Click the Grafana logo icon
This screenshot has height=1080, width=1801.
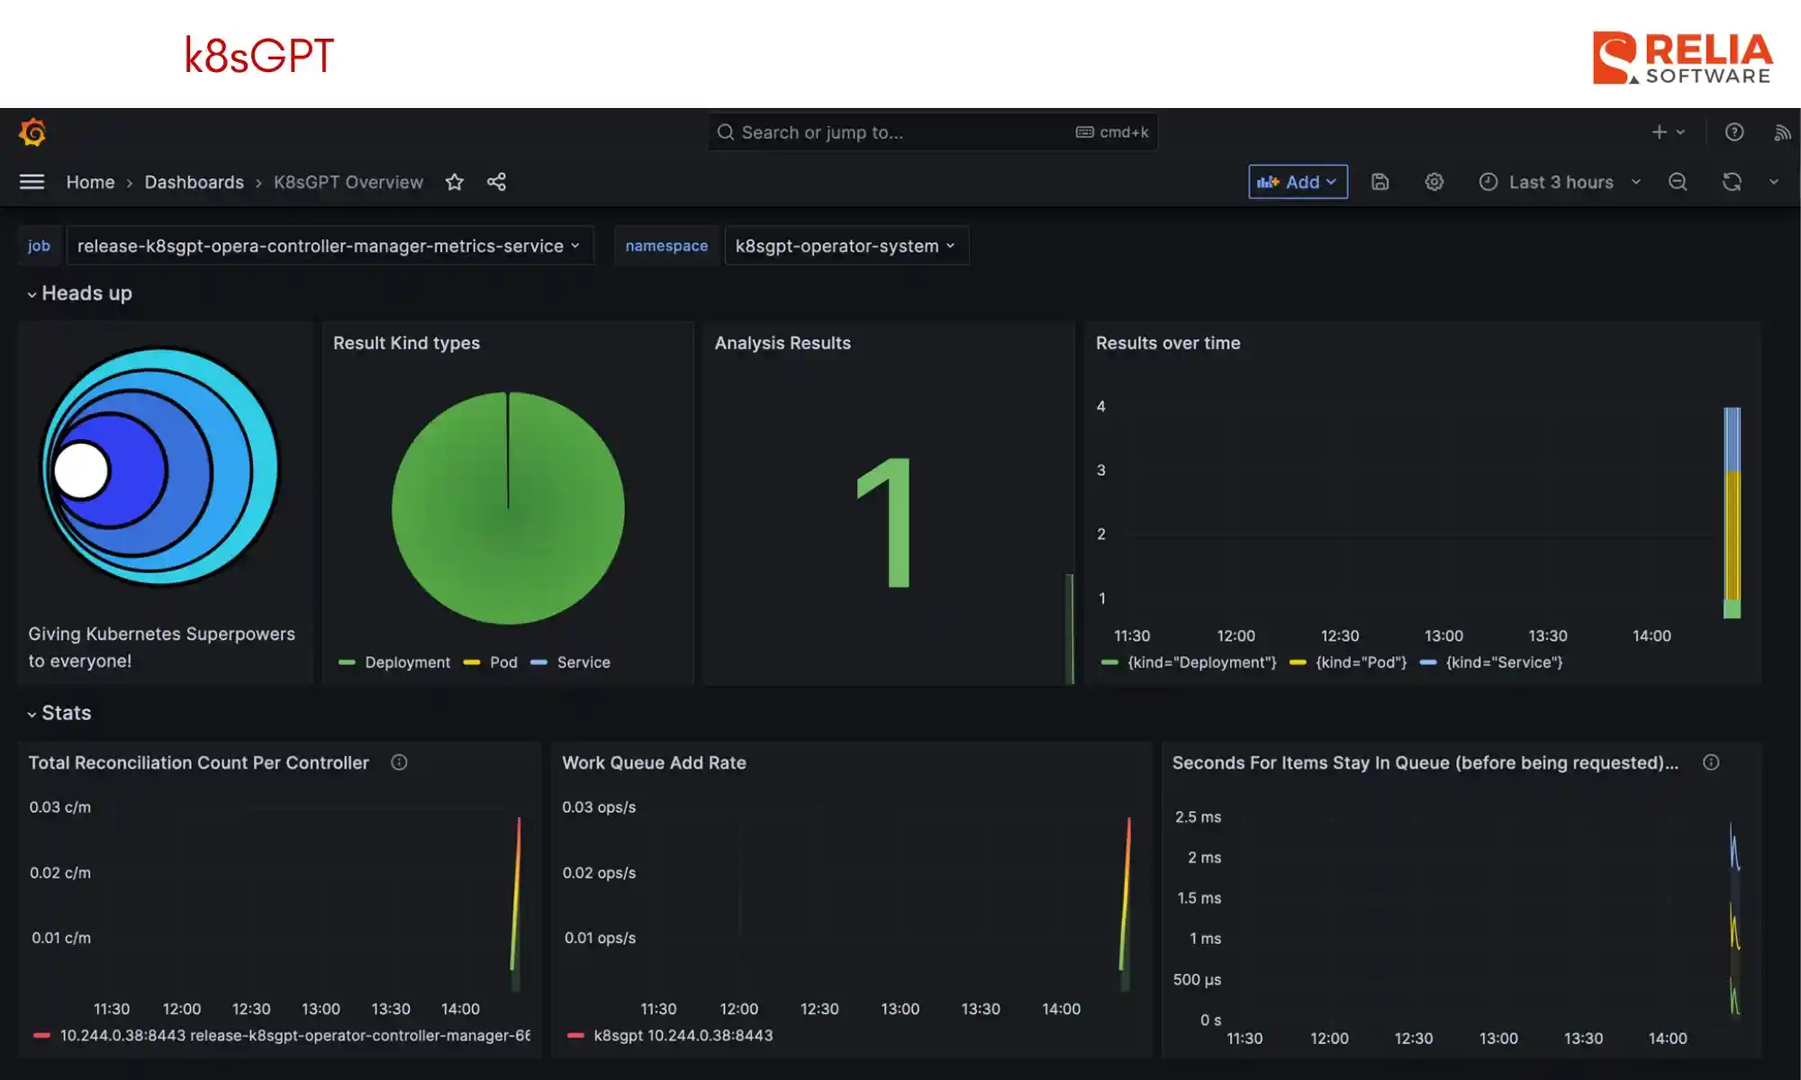click(32, 133)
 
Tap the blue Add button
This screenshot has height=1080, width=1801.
click(1297, 182)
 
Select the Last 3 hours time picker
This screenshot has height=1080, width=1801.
click(1561, 182)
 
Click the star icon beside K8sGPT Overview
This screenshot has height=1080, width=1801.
click(455, 182)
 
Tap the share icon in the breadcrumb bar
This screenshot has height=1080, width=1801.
click(496, 182)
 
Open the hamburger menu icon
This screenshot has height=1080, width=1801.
click(32, 182)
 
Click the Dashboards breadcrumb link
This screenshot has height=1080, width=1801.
click(194, 182)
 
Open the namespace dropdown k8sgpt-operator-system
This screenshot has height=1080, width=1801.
click(846, 246)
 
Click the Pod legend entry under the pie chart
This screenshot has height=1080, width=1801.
click(502, 662)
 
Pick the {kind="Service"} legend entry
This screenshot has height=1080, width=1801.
click(1503, 662)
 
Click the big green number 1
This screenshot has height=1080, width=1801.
click(887, 522)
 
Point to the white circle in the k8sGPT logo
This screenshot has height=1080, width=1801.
click(81, 470)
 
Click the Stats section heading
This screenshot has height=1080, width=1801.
click(66, 713)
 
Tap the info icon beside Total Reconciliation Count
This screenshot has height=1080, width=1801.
click(399, 762)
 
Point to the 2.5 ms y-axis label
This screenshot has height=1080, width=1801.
click(1198, 817)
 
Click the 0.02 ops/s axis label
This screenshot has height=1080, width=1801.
click(599, 873)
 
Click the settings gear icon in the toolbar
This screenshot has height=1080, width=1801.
click(1434, 182)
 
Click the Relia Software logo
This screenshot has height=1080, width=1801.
click(1682, 58)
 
